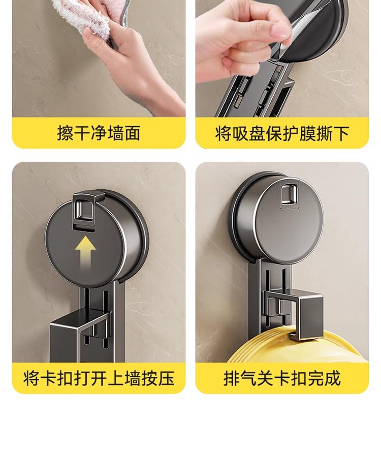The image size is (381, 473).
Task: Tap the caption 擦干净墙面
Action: (x=99, y=133)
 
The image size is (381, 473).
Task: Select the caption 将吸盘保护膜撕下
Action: (x=282, y=133)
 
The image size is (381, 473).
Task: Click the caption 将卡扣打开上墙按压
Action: (x=99, y=378)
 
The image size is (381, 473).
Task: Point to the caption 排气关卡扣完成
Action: (x=282, y=378)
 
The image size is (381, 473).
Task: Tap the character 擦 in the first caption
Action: (x=65, y=133)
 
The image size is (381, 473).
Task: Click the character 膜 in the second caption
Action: (x=307, y=133)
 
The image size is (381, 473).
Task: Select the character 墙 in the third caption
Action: (x=133, y=378)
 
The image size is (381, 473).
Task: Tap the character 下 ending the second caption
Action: (x=341, y=133)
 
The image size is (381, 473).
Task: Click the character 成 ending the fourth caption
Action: (x=333, y=378)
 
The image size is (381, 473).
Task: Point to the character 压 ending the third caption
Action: (x=166, y=378)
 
